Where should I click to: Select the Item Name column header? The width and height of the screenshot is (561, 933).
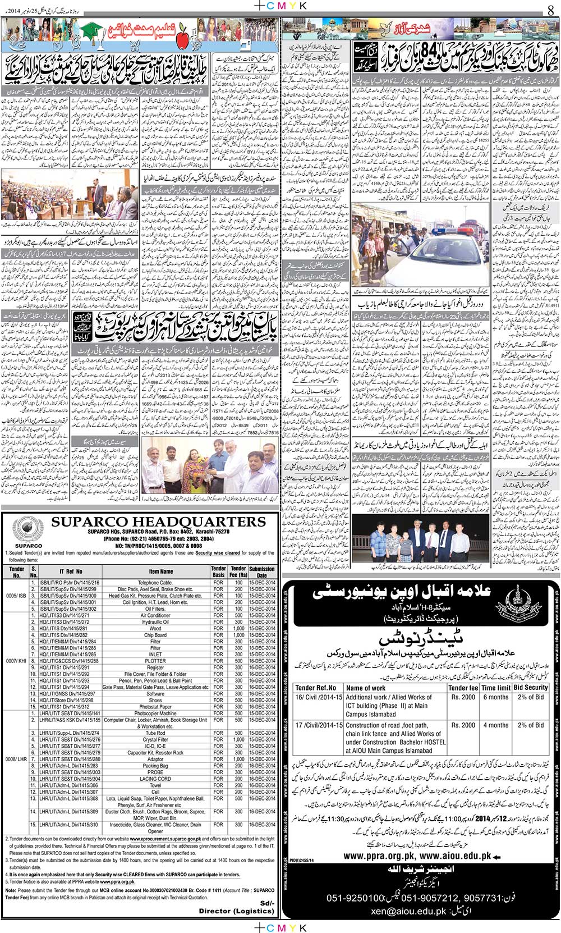[160, 571]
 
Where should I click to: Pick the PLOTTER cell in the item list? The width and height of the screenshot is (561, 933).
[155, 661]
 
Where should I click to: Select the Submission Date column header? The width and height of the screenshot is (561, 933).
[262, 571]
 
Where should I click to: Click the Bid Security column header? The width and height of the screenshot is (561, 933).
[530, 687]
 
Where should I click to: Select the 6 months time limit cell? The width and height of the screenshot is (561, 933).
[495, 697]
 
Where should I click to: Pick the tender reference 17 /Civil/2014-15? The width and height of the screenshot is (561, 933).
[319, 725]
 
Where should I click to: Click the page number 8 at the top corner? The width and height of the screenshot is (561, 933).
[550, 9]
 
